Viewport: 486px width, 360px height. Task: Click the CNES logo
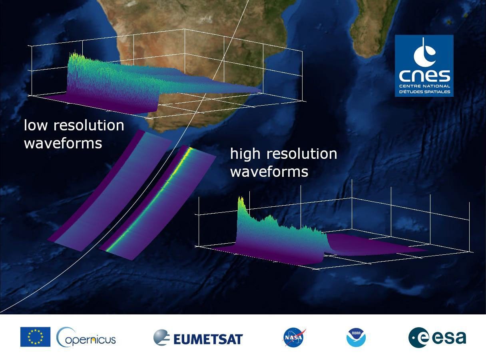click(x=424, y=66)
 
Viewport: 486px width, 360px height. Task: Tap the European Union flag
click(x=35, y=337)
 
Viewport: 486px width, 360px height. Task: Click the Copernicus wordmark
click(x=86, y=338)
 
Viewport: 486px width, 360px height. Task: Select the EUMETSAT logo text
click(x=208, y=339)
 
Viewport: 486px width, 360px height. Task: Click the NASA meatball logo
click(x=294, y=338)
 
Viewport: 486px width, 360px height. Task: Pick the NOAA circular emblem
click(x=356, y=338)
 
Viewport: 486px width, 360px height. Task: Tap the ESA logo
click(x=437, y=338)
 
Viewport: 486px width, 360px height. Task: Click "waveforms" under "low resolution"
click(x=63, y=143)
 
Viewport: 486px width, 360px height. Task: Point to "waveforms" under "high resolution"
click(x=269, y=172)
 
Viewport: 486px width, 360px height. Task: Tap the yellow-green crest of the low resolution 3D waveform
click(x=76, y=58)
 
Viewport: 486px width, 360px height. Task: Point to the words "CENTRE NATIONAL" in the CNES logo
click(x=424, y=86)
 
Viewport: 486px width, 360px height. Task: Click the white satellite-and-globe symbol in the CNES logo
click(x=424, y=52)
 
